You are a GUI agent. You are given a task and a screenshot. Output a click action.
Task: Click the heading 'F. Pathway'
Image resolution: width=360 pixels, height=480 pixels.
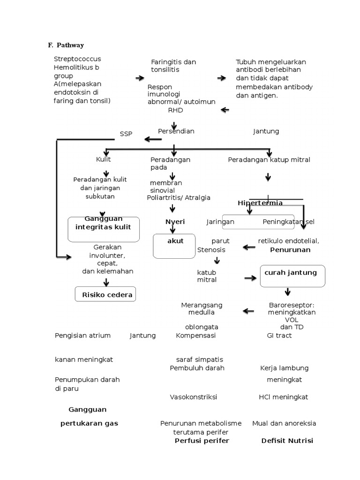[x=66, y=45]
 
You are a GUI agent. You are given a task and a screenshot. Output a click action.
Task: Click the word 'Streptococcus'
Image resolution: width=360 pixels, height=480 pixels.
[x=77, y=59]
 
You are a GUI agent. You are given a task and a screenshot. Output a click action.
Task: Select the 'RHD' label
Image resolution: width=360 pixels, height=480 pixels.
[x=175, y=111]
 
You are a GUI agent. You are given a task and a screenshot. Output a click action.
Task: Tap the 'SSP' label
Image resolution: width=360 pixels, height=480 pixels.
[x=126, y=134]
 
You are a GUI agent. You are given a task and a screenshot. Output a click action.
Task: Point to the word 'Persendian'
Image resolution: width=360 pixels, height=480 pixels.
[x=176, y=131]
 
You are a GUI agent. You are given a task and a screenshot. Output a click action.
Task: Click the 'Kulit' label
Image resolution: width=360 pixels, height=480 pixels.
[x=103, y=160]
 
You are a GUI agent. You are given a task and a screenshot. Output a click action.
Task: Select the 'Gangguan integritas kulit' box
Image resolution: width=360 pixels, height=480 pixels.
[x=104, y=229]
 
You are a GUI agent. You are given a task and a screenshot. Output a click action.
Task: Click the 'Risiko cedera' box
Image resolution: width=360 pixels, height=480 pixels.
[x=105, y=295]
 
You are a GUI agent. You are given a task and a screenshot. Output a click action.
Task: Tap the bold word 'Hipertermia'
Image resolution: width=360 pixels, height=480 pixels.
[x=260, y=203]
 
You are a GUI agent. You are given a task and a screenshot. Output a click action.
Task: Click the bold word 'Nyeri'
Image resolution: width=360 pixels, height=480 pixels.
[x=175, y=222]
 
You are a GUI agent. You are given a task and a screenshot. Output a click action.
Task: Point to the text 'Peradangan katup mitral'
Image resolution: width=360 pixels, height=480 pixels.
[x=269, y=160]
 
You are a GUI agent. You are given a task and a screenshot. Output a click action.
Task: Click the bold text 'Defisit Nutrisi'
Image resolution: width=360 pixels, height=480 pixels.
[x=287, y=441]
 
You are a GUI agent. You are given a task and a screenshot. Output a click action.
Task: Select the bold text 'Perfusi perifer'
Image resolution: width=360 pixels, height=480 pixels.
[x=202, y=441]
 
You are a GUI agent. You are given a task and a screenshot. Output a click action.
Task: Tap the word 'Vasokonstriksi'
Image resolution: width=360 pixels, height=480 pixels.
[x=193, y=397]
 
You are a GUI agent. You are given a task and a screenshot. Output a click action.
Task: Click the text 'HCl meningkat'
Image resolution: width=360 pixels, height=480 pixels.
[x=283, y=397]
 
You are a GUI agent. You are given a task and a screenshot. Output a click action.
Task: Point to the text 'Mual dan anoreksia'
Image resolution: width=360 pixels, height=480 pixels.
[x=284, y=423]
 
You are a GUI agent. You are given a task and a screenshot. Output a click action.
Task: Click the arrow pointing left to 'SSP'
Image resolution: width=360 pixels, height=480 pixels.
[x=153, y=139]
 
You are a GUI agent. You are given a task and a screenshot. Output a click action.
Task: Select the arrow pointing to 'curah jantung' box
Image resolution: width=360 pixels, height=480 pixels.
[x=251, y=278]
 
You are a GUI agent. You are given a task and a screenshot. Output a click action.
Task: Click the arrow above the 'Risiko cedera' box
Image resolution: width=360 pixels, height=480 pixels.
[x=106, y=282]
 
